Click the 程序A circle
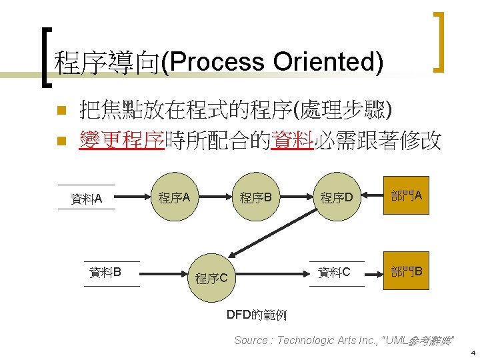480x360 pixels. [175, 197]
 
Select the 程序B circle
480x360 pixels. [256, 197]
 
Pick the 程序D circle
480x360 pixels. [340, 197]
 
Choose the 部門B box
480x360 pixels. [406, 272]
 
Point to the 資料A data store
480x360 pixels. [87, 197]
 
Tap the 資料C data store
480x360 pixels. [334, 272]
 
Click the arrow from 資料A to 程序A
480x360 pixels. [132, 197]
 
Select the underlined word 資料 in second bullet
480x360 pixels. [292, 141]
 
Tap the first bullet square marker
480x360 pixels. [60, 109]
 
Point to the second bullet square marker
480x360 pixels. [60, 141]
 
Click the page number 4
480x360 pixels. [472, 352]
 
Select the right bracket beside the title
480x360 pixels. [439, 41]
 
